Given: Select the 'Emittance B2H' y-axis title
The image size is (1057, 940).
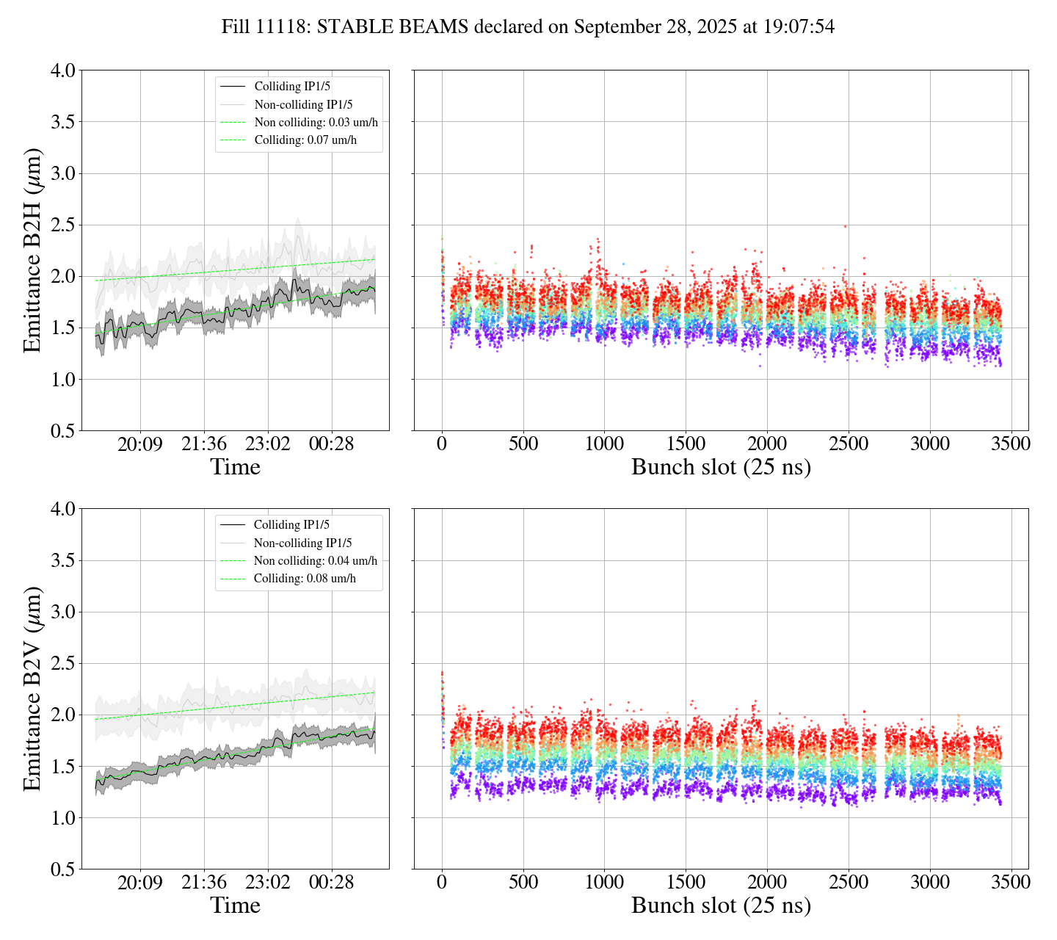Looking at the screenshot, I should (x=32, y=250).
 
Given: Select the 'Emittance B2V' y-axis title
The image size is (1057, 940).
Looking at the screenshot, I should (x=32, y=688).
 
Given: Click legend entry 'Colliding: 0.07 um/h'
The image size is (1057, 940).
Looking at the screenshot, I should (x=305, y=140).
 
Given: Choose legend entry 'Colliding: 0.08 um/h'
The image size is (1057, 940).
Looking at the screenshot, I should (x=305, y=579).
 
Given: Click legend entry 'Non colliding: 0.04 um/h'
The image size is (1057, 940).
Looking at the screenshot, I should (x=316, y=560).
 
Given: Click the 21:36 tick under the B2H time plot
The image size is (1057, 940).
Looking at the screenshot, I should (x=204, y=444).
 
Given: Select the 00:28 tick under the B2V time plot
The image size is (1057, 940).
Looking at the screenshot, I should (x=331, y=882).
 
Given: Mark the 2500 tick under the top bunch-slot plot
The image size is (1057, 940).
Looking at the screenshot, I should (x=848, y=444).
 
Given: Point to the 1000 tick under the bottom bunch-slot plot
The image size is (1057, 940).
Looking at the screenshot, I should (x=604, y=882).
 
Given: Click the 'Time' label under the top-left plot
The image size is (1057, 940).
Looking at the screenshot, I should (x=235, y=467).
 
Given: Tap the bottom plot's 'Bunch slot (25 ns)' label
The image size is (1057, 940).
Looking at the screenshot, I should (x=721, y=905).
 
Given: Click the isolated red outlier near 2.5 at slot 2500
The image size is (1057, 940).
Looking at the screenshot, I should (x=845, y=226).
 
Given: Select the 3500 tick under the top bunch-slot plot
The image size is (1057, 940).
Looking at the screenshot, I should (x=1011, y=444).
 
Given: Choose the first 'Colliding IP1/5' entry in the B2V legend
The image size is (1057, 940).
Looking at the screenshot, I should (x=291, y=524).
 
